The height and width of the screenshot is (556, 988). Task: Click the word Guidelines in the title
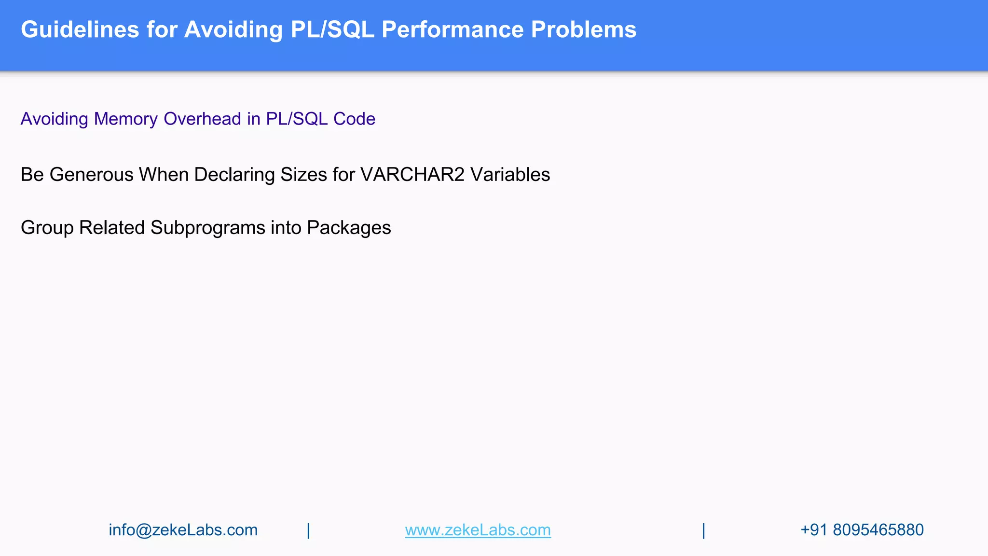(80, 29)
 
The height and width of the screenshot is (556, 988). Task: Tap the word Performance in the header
(453, 29)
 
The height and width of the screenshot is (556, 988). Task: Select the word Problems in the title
(584, 29)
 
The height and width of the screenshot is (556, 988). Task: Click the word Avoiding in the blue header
(233, 29)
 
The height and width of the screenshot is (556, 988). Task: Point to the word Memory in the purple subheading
(126, 119)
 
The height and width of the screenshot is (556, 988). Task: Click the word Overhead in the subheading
(202, 119)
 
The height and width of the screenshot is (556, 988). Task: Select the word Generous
(92, 175)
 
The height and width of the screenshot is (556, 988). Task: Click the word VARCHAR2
(412, 175)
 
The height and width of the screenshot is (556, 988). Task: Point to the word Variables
(510, 175)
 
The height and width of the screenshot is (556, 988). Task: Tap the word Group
(47, 228)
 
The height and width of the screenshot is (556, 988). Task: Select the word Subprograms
(208, 228)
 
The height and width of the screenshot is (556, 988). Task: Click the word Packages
(349, 228)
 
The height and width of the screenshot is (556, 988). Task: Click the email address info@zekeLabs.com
(183, 530)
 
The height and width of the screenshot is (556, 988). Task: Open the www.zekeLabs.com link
(478, 530)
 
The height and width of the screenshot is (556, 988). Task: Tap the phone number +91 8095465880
(862, 530)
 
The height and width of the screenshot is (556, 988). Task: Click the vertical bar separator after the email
(309, 530)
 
